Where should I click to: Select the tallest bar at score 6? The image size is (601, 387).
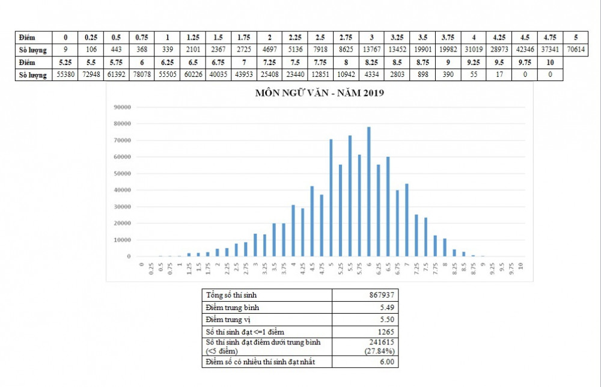pyautogui.click(x=368, y=192)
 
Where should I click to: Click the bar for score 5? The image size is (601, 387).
pyautogui.click(x=331, y=198)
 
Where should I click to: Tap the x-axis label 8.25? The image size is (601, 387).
pyautogui.click(x=454, y=268)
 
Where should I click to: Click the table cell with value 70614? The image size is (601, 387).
pyautogui.click(x=576, y=49)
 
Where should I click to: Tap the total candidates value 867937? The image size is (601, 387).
pyautogui.click(x=382, y=295)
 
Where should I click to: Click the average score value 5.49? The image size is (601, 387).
pyautogui.click(x=387, y=307)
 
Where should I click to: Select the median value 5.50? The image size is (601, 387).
pyautogui.click(x=387, y=320)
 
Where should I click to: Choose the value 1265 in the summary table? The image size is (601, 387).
pyautogui.click(x=385, y=332)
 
